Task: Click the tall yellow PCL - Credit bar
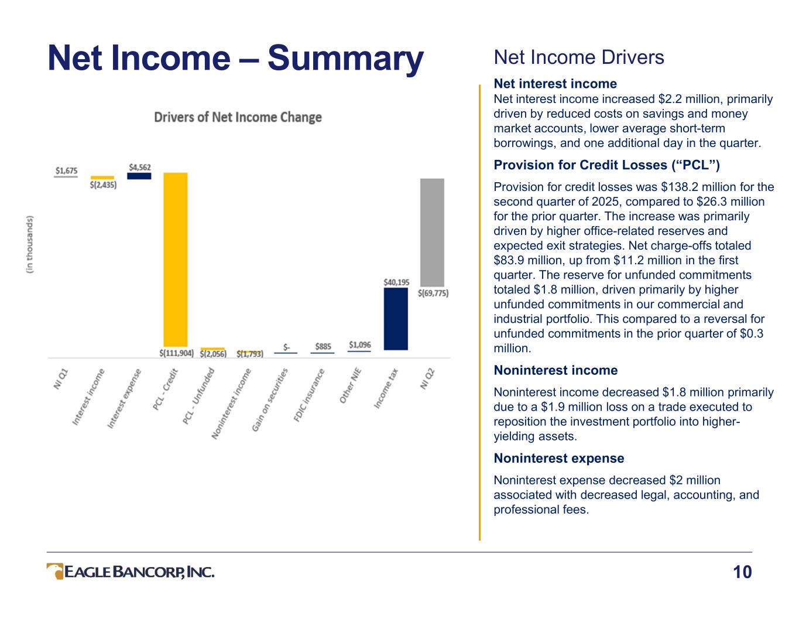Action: [x=175, y=259]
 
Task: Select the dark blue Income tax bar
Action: [x=396, y=318]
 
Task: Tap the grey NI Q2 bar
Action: [x=432, y=232]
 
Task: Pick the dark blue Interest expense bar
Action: [x=139, y=176]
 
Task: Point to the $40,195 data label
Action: [x=396, y=282]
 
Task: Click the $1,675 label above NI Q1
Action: [x=66, y=170]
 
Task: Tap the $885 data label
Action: [x=323, y=346]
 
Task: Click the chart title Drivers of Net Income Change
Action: [x=238, y=117]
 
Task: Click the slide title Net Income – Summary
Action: [x=235, y=59]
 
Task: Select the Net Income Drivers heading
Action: [x=579, y=57]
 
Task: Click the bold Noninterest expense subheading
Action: [x=558, y=458]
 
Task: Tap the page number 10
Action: [x=742, y=572]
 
